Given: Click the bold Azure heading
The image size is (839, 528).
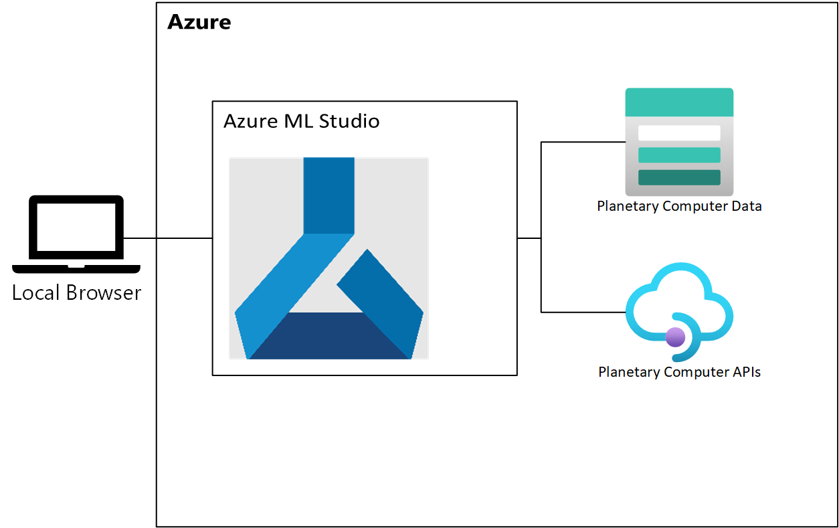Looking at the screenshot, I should (x=199, y=22).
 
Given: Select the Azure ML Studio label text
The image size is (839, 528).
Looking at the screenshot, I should (x=301, y=121).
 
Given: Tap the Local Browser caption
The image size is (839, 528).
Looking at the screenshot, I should (x=76, y=293).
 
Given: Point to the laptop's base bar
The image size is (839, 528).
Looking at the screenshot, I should (x=76, y=268).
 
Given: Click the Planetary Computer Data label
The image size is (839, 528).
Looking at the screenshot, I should (x=679, y=206).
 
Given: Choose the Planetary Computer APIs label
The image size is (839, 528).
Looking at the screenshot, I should (x=679, y=372).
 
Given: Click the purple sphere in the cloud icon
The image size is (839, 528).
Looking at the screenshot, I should (x=675, y=337).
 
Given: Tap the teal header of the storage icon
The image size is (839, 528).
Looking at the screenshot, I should (x=679, y=102).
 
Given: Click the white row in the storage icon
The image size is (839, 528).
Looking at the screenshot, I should (x=679, y=133).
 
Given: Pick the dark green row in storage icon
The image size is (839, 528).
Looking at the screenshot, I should (x=679, y=177).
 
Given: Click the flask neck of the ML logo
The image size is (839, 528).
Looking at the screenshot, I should (x=329, y=194).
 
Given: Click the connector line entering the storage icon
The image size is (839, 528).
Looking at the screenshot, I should (x=582, y=142).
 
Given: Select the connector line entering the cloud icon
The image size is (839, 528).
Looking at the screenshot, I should (x=582, y=312).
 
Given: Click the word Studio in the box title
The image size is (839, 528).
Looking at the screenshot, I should (x=349, y=121).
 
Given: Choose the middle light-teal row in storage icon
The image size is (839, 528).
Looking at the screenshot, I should (x=679, y=155).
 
